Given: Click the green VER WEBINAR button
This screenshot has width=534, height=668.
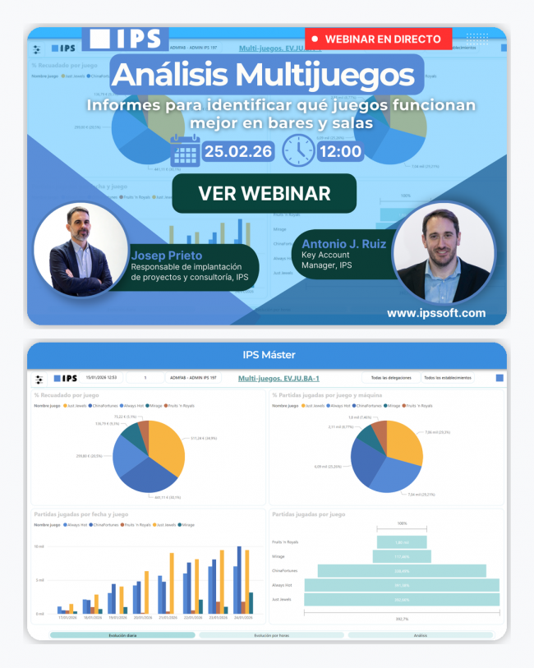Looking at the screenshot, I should point(264,193).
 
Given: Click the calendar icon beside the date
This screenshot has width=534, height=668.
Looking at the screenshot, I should point(185,150).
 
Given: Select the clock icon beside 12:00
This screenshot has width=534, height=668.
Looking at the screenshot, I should point(297,150).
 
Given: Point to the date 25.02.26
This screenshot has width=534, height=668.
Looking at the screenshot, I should point(239,151).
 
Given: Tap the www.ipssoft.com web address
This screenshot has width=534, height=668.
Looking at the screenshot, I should point(435,313).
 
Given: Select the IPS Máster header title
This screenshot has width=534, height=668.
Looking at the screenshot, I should point(267,355).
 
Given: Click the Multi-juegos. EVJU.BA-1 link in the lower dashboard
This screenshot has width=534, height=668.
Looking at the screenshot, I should point(278,378).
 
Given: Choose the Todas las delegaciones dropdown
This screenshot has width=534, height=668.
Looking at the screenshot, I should point(390,378).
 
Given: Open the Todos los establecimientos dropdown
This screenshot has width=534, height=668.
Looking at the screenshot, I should point(448,378).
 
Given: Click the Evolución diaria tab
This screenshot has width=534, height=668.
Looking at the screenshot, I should point(122,635).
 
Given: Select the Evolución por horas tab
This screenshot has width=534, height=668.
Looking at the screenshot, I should point(271,635).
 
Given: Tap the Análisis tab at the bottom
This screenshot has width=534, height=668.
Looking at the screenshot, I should point(420,635).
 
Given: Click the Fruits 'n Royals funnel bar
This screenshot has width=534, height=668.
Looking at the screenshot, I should point(402,542).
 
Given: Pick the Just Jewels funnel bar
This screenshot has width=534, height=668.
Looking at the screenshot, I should point(402,600).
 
